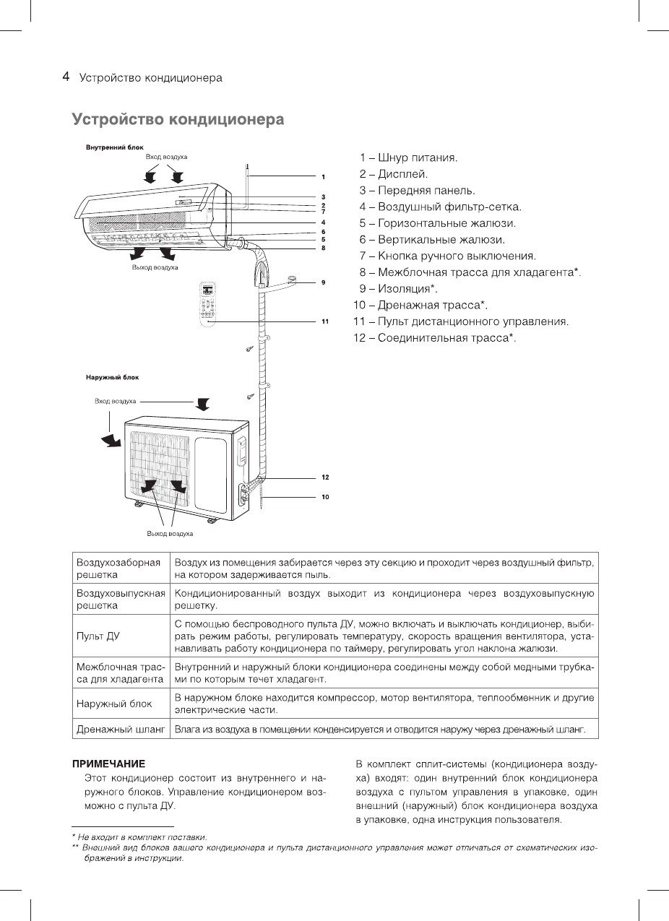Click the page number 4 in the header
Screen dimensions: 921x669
point(66,77)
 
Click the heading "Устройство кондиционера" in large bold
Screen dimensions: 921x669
point(177,119)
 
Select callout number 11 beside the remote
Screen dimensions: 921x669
point(325,321)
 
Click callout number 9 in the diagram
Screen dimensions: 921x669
point(324,282)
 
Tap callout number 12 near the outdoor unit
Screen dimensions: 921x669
point(325,477)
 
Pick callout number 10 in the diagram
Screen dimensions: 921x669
point(325,497)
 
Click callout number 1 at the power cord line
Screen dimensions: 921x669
point(324,176)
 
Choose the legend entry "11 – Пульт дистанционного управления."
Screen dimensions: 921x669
point(461,321)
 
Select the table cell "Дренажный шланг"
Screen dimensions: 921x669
point(120,730)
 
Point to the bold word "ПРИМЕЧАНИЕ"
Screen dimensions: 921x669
point(108,764)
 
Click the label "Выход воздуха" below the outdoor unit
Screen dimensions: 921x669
point(170,535)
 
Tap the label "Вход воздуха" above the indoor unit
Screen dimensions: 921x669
point(166,157)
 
